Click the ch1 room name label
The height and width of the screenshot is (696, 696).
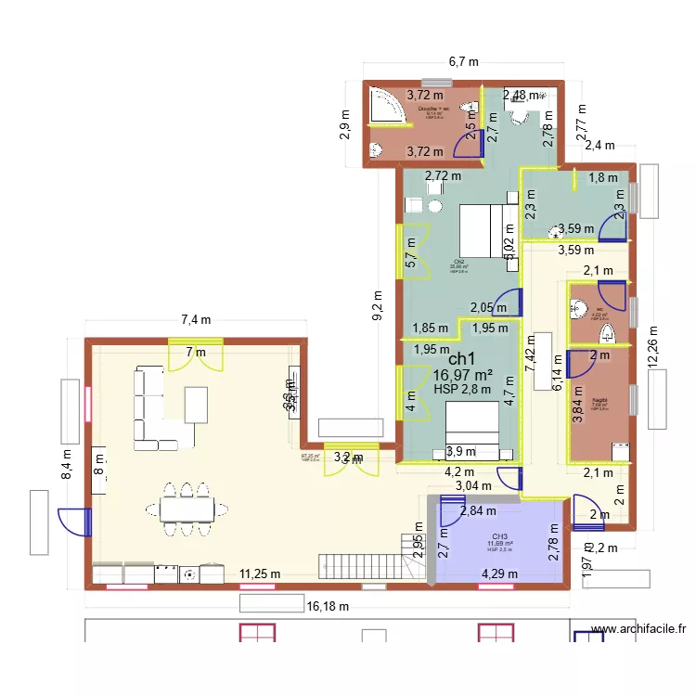click(461, 358)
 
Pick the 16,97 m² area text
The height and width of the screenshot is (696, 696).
click(461, 375)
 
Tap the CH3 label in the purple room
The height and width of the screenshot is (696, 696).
click(499, 536)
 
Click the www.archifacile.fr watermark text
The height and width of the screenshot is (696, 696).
click(638, 630)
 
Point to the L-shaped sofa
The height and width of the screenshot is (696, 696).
click(153, 408)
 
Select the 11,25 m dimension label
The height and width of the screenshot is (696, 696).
click(259, 574)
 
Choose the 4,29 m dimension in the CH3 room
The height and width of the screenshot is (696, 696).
click(499, 574)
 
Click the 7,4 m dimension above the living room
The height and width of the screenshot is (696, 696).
click(195, 319)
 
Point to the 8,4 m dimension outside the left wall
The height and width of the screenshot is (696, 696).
click(65, 463)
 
